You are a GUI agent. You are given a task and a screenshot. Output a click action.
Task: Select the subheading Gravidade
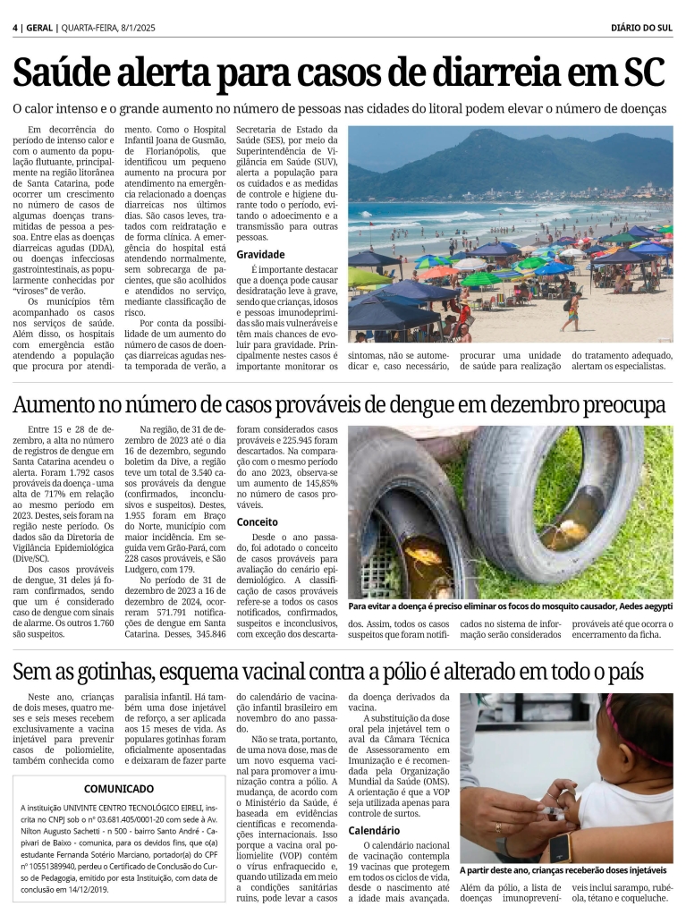pos(260,255)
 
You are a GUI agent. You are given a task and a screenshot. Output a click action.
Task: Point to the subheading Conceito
pos(257,521)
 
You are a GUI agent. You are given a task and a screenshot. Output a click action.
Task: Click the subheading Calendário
pos(375,830)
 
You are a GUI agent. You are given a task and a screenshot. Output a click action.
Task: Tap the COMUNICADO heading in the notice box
pos(119,788)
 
